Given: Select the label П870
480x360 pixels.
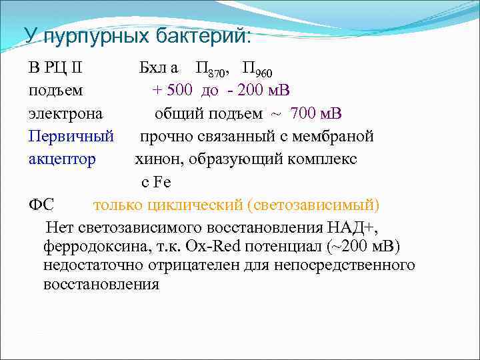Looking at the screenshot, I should pyautogui.click(x=213, y=69).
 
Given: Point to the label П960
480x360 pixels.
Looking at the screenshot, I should pyautogui.click(x=257, y=69).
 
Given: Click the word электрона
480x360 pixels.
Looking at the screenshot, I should pyautogui.click(x=65, y=113).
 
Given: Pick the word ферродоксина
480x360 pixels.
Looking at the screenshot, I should pyautogui.click(x=91, y=247).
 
